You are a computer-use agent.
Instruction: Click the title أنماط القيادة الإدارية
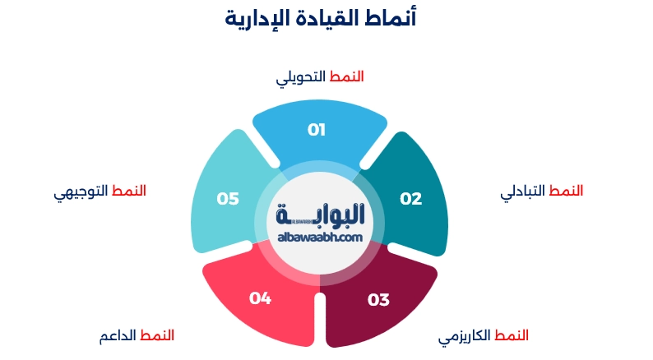click(320, 18)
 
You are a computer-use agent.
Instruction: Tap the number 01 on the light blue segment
click(317, 129)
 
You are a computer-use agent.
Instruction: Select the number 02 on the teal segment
click(410, 198)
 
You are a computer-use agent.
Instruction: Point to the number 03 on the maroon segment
click(378, 300)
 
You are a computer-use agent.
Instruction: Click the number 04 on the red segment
click(260, 298)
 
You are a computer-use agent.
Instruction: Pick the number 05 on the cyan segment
click(228, 198)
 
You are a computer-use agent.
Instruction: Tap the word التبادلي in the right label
click(523, 192)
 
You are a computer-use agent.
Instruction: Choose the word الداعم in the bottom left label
click(117, 336)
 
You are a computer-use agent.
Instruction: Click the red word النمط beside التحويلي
click(346, 76)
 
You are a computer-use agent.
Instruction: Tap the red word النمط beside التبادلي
click(566, 191)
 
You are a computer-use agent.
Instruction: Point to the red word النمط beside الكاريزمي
click(512, 335)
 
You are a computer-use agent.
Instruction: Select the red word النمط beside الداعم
click(156, 335)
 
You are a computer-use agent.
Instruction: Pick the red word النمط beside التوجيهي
click(128, 191)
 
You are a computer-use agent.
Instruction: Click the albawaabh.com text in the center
click(320, 237)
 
